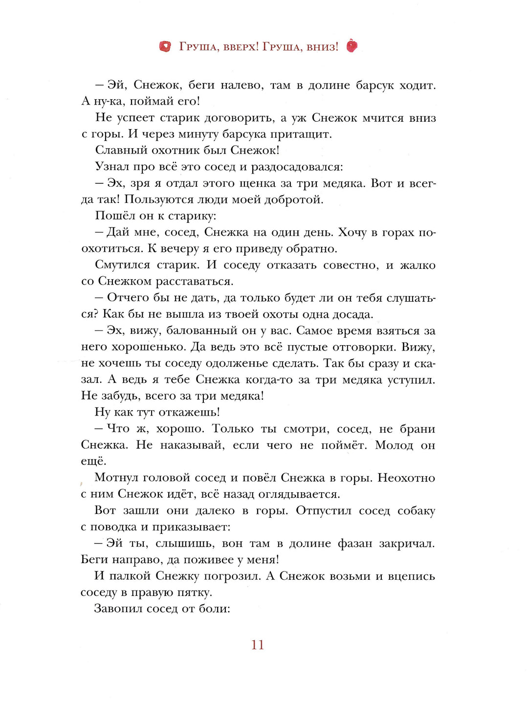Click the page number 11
pyautogui.click(x=258, y=645)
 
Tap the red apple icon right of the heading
pyautogui.click(x=352, y=46)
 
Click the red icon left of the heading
pyautogui.click(x=165, y=46)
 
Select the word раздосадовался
pyautogui.click(x=297, y=167)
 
